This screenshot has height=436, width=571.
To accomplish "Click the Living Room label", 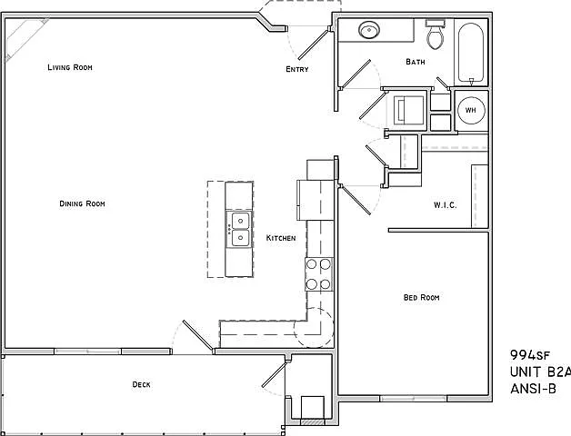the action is coord(70,67).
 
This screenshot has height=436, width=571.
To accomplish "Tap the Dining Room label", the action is coord(83,203).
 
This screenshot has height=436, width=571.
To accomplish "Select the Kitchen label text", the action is coord(281,238).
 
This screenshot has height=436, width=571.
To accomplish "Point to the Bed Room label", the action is coord(421,297).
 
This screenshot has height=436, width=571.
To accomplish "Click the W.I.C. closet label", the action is coord(445,205).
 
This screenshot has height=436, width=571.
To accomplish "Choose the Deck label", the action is coord(141,384).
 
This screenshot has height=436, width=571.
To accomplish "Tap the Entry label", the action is coord(297,69).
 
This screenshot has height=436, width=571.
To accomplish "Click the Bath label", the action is coord(416,62).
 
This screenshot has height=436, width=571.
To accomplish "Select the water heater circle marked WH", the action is coord(471,110).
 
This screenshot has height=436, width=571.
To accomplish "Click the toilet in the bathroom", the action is coord(435,35).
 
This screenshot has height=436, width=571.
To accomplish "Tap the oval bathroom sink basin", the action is coord(369,30).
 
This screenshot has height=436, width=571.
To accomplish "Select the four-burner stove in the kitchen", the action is coord(319,274).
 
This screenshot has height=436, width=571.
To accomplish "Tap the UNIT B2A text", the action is coord(540,372).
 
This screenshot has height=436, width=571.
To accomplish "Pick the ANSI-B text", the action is coord(533,389).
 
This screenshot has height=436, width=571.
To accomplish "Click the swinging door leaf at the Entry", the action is coord(313,45).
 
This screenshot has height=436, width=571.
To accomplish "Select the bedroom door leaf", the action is coord(356,200).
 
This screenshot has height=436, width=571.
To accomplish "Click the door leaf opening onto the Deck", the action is coord(197,336).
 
